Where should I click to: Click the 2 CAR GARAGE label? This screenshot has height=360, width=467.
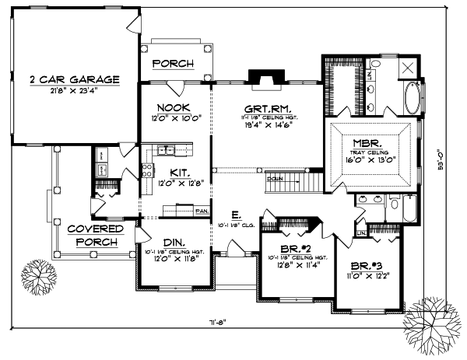[75, 79]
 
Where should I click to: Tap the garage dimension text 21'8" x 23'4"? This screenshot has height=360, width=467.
[75, 90]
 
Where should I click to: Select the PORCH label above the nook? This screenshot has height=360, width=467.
[172, 63]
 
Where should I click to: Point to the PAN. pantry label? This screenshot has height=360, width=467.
[201, 210]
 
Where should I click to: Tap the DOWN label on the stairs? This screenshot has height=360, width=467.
[276, 178]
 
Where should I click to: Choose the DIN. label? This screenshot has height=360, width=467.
[175, 242]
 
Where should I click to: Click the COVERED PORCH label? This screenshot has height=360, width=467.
[95, 235]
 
